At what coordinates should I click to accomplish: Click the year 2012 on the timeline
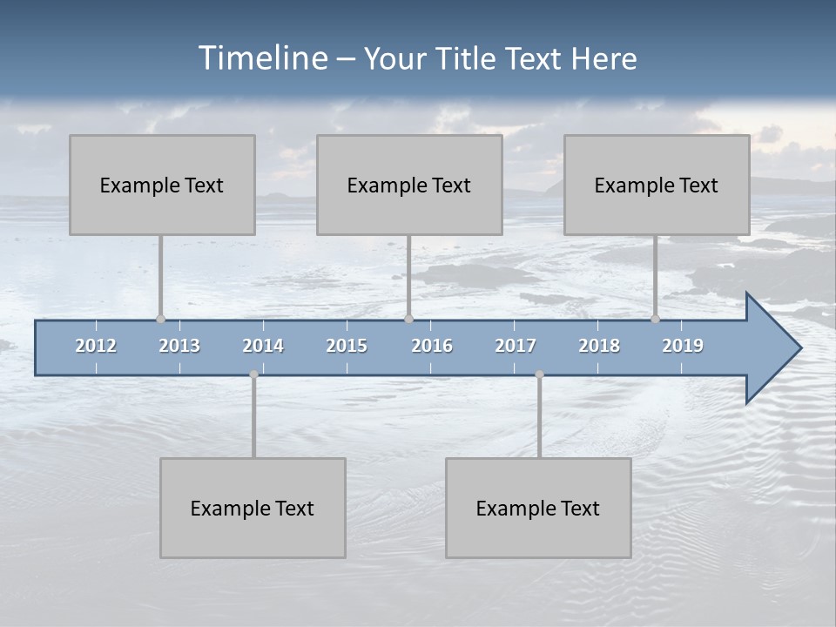tap(96, 346)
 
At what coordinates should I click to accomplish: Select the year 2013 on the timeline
tap(179, 346)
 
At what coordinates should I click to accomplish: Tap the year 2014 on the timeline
tap(263, 346)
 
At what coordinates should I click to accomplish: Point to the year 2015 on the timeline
tap(347, 346)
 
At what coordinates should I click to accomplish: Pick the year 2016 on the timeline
tap(432, 346)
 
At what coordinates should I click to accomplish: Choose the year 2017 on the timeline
tap(516, 346)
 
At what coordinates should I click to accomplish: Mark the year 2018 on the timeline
tap(599, 346)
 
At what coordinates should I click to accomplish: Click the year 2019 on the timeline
tap(683, 346)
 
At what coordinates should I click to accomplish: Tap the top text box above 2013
tap(162, 185)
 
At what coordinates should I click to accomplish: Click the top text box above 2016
tap(409, 185)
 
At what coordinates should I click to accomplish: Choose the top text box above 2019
tap(657, 185)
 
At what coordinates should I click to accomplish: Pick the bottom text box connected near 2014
tap(253, 508)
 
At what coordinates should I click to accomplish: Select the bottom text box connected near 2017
tap(538, 508)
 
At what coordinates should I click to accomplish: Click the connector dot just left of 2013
tap(160, 319)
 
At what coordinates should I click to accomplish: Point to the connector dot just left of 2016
tap(408, 319)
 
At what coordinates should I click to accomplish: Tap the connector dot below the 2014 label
tap(253, 374)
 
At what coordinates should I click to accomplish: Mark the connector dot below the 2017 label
tap(539, 374)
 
